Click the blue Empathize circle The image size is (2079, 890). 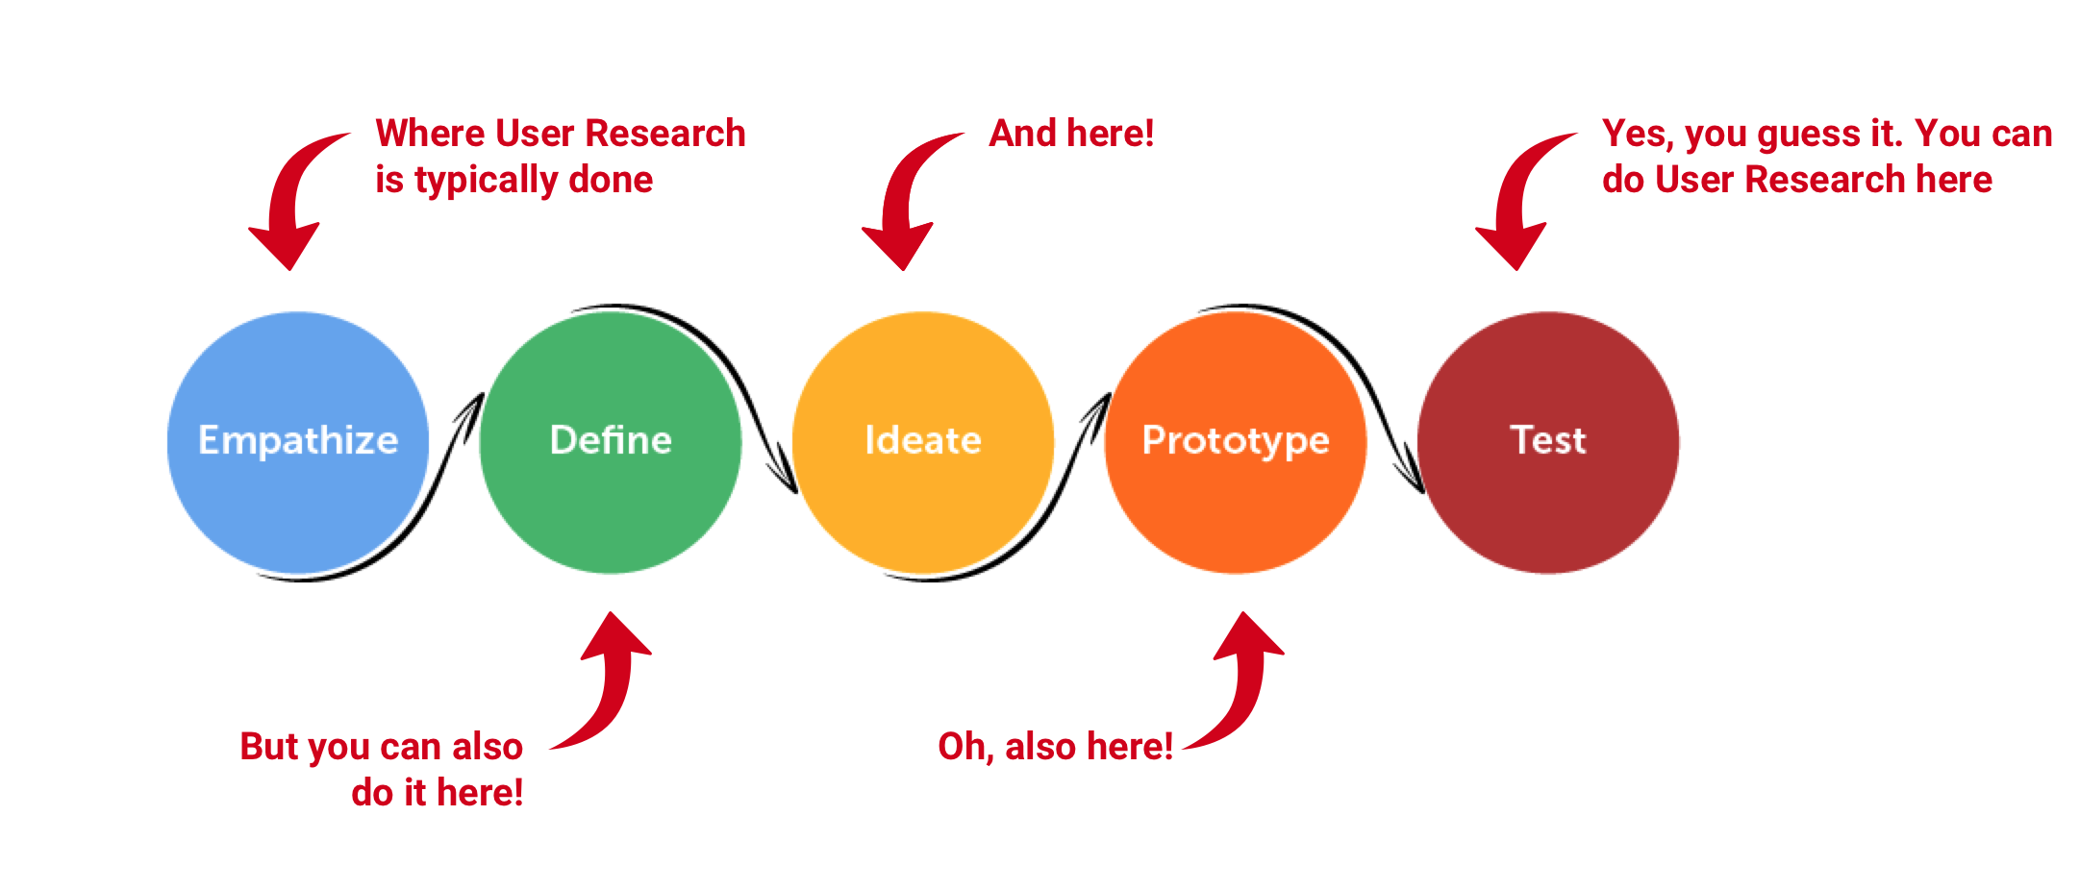298,442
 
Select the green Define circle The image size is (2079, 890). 611,442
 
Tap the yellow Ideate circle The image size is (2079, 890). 923,442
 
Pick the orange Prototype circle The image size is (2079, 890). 1236,442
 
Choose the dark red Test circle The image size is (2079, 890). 1548,442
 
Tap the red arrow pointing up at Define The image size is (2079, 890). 615,687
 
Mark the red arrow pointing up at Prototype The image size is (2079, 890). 1248,687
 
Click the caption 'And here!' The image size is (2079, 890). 1071,134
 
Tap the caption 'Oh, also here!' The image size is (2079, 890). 1055,747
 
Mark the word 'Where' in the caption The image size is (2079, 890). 430,134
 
